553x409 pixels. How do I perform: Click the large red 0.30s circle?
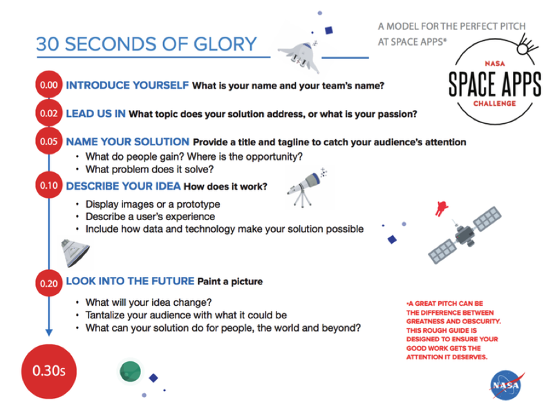tap(47, 370)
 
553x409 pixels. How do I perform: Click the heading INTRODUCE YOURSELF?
tap(127, 86)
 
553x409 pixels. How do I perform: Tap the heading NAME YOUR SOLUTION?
tap(127, 142)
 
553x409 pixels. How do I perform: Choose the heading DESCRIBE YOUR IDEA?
tap(123, 186)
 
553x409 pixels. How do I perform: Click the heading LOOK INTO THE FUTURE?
tap(130, 282)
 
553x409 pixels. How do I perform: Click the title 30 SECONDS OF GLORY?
tap(146, 44)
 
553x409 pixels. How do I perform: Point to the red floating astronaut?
tap(440, 208)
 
